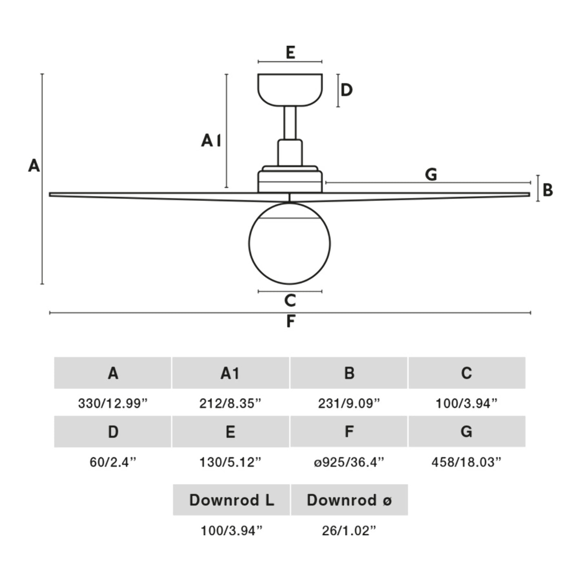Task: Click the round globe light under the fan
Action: [x=289, y=244]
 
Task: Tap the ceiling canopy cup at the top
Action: [x=290, y=89]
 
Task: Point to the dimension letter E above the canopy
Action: [x=290, y=53]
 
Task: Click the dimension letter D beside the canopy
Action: [x=346, y=90]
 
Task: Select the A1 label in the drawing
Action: [x=211, y=141]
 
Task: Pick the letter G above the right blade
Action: [x=431, y=175]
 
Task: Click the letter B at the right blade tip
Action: [x=548, y=190]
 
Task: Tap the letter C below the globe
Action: [x=290, y=301]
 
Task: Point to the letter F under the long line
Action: [x=290, y=322]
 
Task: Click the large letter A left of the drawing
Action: [x=34, y=166]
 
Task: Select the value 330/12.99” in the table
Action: [x=113, y=404]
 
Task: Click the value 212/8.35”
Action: [x=230, y=404]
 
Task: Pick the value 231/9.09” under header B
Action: [x=349, y=404]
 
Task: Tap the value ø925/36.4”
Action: [x=349, y=462]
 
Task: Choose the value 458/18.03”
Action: [x=466, y=462]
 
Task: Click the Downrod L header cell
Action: [x=231, y=500]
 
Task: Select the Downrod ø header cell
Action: [x=349, y=500]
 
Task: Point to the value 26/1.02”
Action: [x=349, y=530]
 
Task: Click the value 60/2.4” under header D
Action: [x=113, y=462]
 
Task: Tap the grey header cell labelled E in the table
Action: [x=231, y=432]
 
